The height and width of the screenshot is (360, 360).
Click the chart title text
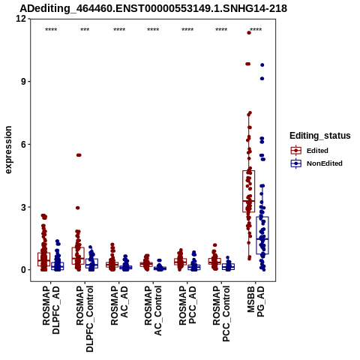[153, 8]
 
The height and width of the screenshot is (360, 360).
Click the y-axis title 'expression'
[8, 150]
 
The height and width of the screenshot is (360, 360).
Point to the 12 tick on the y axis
[21, 19]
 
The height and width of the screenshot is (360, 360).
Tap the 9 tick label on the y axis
[24, 82]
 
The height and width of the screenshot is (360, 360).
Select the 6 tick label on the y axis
[24, 144]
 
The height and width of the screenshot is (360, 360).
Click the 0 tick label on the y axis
[24, 270]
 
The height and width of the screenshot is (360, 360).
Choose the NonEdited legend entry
[316, 163]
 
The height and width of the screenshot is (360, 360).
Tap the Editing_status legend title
[320, 136]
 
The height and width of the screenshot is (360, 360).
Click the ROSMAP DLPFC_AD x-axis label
[51, 310]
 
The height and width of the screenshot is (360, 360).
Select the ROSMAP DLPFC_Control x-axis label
[85, 319]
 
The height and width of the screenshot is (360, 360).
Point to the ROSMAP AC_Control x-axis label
[153, 310]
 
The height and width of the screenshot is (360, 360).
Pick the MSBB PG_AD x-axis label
[256, 301]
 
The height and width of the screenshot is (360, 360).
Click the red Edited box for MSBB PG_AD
[249, 191]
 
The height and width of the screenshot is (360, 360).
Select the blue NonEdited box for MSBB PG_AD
[262, 235]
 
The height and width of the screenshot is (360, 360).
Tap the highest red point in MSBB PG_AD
[249, 33]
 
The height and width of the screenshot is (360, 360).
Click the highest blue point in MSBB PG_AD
[262, 65]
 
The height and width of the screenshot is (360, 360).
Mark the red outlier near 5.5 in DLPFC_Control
[79, 155]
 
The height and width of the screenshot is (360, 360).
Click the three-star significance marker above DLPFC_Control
[85, 30]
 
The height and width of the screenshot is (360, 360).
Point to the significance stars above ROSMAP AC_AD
[119, 30]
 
